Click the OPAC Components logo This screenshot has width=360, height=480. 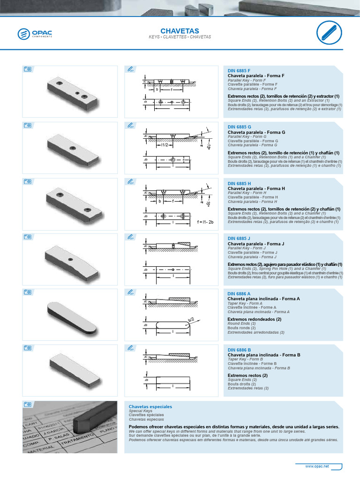point(35,34)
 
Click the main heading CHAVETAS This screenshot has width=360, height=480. point(180,30)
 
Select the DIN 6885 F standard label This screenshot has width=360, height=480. point(239,70)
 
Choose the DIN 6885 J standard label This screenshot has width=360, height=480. point(239,239)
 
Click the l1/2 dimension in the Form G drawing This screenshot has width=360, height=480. point(164,145)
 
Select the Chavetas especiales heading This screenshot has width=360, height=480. point(150,406)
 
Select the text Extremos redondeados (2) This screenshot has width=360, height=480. point(254,319)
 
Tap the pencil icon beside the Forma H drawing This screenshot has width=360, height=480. point(131,181)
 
